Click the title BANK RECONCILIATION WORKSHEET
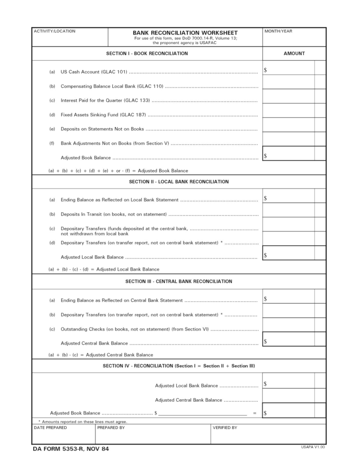[185, 33]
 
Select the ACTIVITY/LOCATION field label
[54, 31]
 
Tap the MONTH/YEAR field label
[278, 31]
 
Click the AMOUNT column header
[294, 53]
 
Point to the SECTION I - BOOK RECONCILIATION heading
[147, 53]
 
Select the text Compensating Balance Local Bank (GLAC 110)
[112, 86]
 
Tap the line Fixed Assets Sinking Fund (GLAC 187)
[103, 115]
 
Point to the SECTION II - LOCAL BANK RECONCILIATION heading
[179, 182]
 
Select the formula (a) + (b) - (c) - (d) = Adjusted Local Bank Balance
[104, 269]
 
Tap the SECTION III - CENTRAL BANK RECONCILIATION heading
[179, 281]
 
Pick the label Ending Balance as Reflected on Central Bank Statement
[122, 300]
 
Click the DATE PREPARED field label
[50, 427]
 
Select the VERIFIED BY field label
[225, 427]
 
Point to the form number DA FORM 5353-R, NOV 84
[71, 449]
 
